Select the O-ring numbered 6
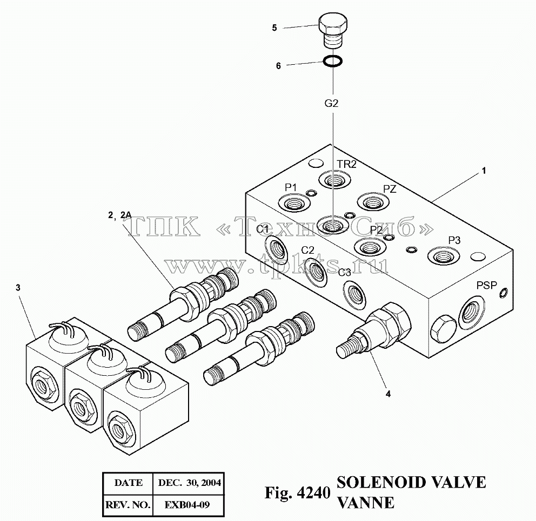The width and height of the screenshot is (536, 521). [x=333, y=61]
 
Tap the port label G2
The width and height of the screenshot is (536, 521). [x=331, y=103]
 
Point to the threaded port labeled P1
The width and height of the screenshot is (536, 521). [x=293, y=204]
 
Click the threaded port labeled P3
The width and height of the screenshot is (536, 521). [x=444, y=255]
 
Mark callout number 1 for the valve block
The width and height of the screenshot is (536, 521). [x=484, y=171]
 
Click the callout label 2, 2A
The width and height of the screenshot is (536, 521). [x=119, y=215]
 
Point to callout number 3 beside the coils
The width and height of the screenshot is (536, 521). [x=18, y=288]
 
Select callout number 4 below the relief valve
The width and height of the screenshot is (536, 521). [x=388, y=394]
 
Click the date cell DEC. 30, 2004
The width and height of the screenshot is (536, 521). [x=189, y=483]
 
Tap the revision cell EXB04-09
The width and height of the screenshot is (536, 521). [x=187, y=505]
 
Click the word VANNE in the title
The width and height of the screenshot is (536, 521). [x=365, y=503]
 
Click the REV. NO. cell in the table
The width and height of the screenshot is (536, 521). [x=128, y=505]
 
